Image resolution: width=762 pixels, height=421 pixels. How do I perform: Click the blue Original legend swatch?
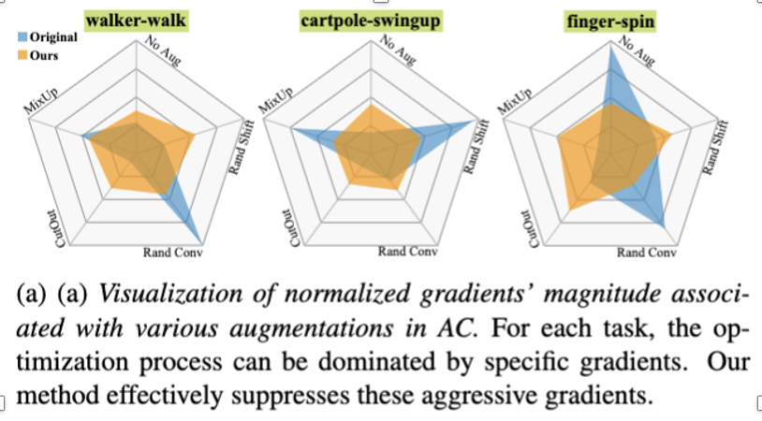point(24,37)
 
